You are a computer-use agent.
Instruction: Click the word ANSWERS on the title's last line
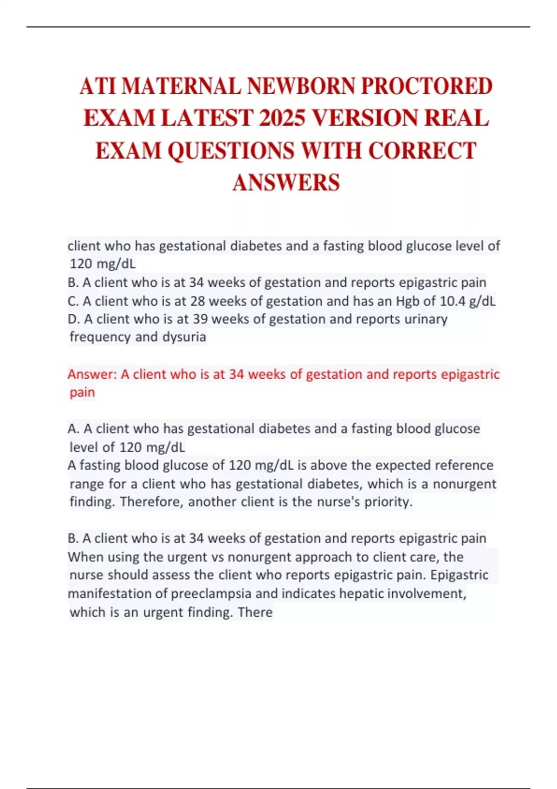point(286,182)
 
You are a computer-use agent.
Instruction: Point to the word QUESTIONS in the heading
point(231,151)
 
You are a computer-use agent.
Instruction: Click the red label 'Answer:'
point(92,374)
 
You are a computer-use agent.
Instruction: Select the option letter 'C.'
point(73,301)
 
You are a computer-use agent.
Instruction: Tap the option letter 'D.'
point(73,319)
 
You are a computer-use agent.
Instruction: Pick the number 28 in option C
point(197,301)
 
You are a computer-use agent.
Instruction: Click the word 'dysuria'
point(184,337)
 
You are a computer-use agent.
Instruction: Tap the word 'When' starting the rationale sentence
point(83,557)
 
